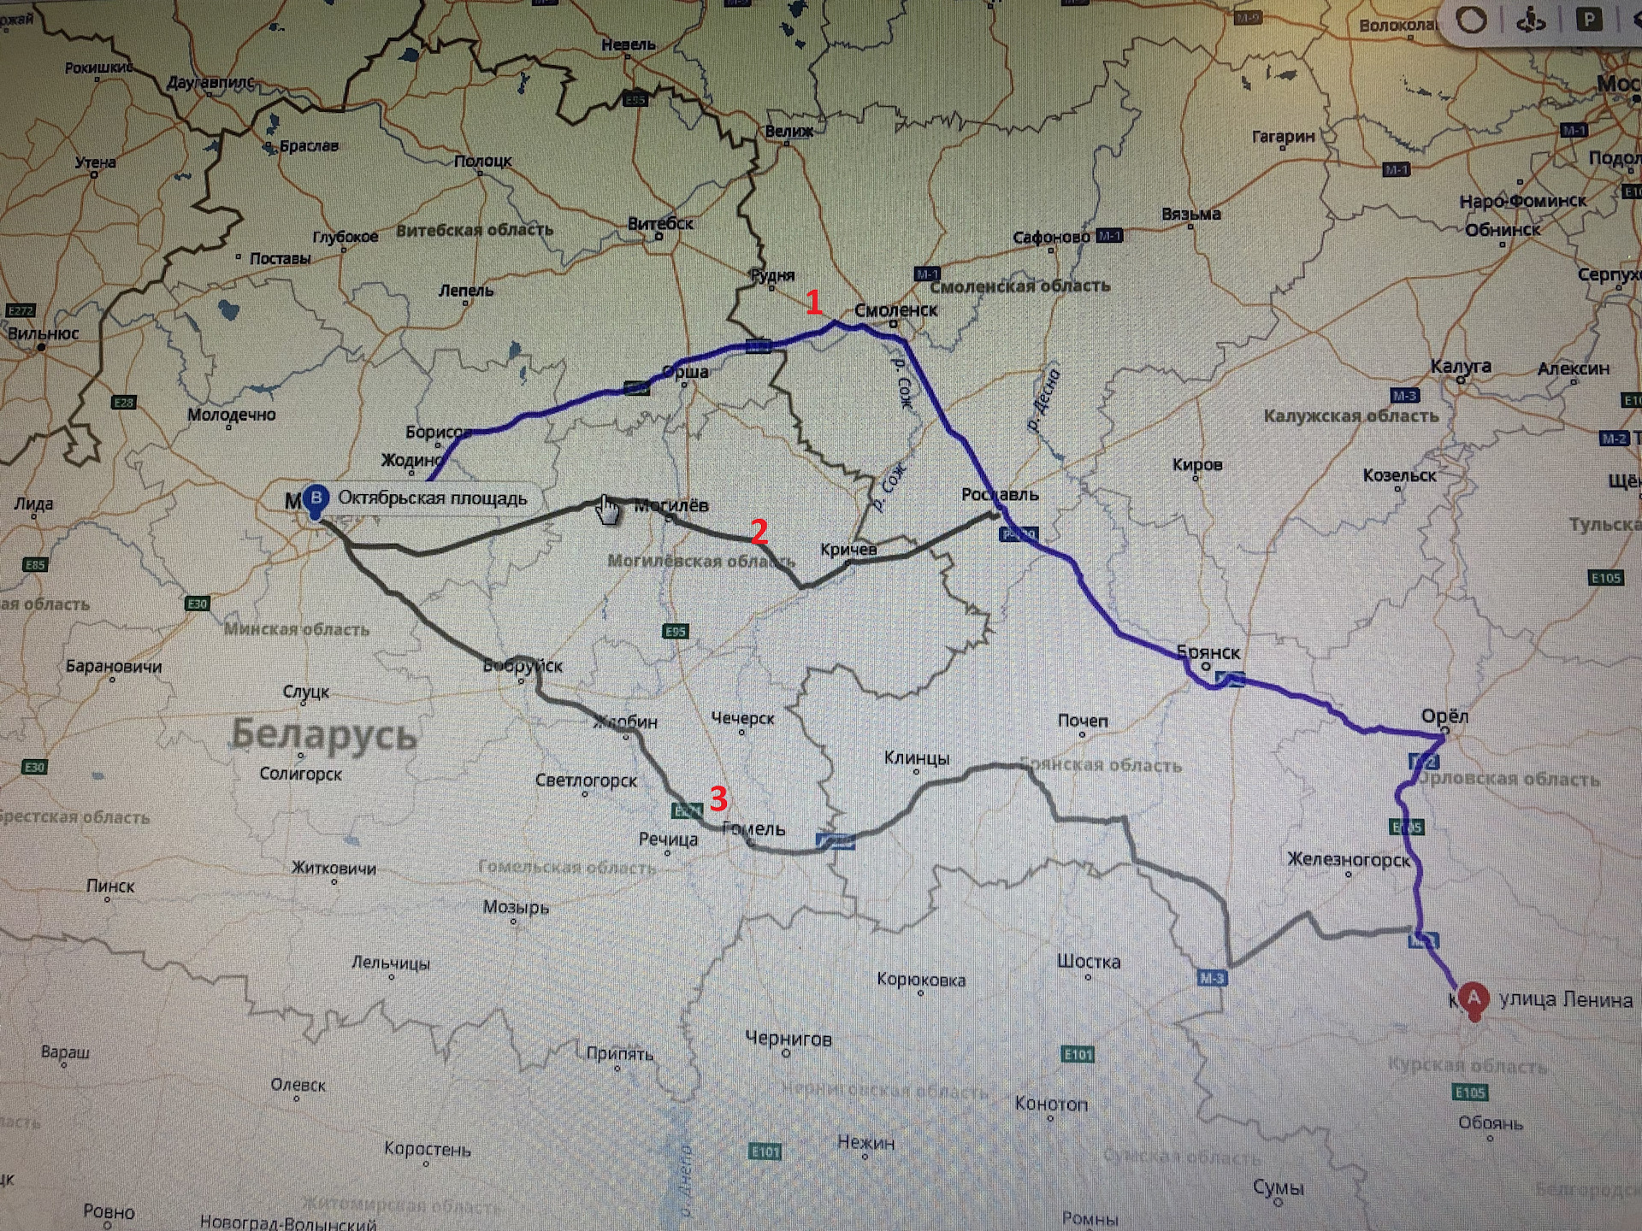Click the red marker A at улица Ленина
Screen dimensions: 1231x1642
(1473, 998)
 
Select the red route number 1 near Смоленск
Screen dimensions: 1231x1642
(814, 302)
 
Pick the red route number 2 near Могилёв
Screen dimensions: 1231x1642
(759, 532)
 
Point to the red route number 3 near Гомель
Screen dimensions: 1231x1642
(718, 798)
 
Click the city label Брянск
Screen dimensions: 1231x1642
(1208, 652)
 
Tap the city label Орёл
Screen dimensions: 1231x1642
(1444, 716)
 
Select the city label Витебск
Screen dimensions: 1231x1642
(660, 223)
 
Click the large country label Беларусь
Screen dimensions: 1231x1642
(324, 734)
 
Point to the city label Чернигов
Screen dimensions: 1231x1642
(788, 1039)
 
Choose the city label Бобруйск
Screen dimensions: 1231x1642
(523, 665)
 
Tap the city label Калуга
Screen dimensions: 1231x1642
(1461, 367)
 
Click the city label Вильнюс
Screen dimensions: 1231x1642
(43, 333)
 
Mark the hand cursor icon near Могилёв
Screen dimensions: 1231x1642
(607, 510)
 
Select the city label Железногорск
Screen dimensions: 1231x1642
(1349, 859)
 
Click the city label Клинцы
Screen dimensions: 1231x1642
(916, 758)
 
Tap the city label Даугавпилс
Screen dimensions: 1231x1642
(210, 83)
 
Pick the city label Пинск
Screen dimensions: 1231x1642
(110, 886)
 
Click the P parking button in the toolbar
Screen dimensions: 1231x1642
(1588, 20)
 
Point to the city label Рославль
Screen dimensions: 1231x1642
(999, 494)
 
